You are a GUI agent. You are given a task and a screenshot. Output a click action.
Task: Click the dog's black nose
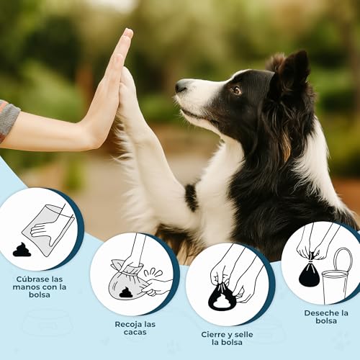[x=181, y=86]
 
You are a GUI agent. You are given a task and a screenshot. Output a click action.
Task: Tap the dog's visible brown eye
[x=237, y=90]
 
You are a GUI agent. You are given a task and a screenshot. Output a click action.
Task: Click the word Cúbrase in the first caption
[x=32, y=279]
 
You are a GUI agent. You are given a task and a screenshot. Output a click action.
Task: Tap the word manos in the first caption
[x=24, y=287]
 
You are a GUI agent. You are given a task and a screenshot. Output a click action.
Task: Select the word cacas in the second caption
[x=135, y=333]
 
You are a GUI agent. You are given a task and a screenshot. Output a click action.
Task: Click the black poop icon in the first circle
[x=22, y=250]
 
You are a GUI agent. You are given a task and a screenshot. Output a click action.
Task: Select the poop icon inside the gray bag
[x=125, y=292]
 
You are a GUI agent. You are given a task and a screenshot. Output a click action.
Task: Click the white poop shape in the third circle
[x=220, y=301]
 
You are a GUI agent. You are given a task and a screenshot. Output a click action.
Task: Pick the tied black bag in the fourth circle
[x=309, y=274]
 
